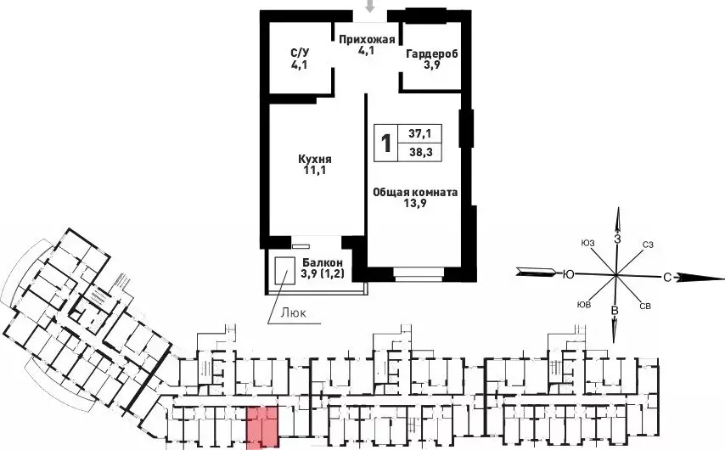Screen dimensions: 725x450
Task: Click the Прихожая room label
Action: click(x=367, y=39)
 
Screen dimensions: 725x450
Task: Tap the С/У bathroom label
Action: click(x=299, y=53)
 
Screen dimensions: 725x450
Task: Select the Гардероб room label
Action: click(x=432, y=54)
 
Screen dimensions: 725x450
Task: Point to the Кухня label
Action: click(x=315, y=159)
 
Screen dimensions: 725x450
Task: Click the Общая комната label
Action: click(x=415, y=192)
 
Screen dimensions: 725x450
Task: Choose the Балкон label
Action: click(x=323, y=262)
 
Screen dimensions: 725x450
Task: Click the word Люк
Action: click(x=294, y=313)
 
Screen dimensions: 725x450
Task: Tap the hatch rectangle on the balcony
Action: click(x=285, y=271)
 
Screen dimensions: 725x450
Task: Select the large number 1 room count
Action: click(x=385, y=143)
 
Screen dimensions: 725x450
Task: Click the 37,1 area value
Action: click(x=420, y=133)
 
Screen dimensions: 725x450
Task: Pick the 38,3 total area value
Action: click(x=420, y=152)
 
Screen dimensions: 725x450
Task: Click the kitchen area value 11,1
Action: click(x=315, y=170)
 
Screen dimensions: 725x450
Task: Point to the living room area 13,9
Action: click(x=415, y=203)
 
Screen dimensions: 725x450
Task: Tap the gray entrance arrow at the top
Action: click(x=369, y=6)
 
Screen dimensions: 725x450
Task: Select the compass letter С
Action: click(x=666, y=278)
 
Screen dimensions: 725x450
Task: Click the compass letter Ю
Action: click(x=568, y=275)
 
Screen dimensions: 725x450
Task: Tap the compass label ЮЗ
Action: click(x=587, y=244)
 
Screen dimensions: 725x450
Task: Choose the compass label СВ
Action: click(x=646, y=307)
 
